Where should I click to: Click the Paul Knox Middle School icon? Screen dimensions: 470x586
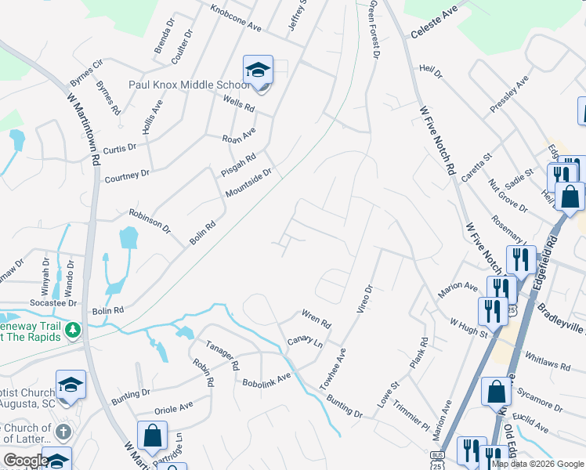(257, 70)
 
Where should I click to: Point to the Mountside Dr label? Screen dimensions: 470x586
(248, 182)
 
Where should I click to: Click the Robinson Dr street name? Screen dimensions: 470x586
(150, 222)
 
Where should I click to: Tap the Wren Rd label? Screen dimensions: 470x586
(317, 318)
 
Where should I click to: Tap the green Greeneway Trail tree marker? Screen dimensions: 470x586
(73, 328)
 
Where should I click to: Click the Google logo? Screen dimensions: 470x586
(26, 461)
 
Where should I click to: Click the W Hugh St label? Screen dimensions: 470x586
(468, 327)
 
